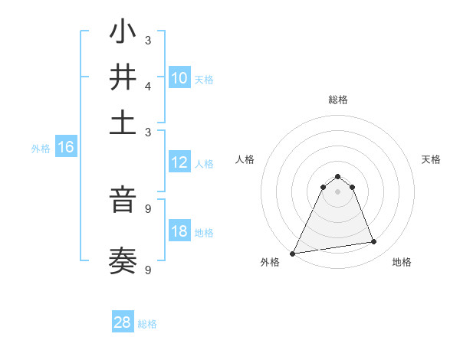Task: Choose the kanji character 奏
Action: (x=123, y=261)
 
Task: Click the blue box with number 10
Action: (x=179, y=77)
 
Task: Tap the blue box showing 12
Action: (x=179, y=162)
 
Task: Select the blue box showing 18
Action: (x=179, y=231)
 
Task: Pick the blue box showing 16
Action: (x=66, y=147)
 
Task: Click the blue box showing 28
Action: (x=123, y=322)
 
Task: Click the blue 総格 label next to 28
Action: (x=147, y=324)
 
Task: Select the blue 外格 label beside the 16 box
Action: (x=41, y=149)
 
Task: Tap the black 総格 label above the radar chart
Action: (x=337, y=100)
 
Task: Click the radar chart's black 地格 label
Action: (x=402, y=262)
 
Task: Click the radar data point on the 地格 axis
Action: (x=374, y=242)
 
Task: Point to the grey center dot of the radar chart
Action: (x=337, y=191)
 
